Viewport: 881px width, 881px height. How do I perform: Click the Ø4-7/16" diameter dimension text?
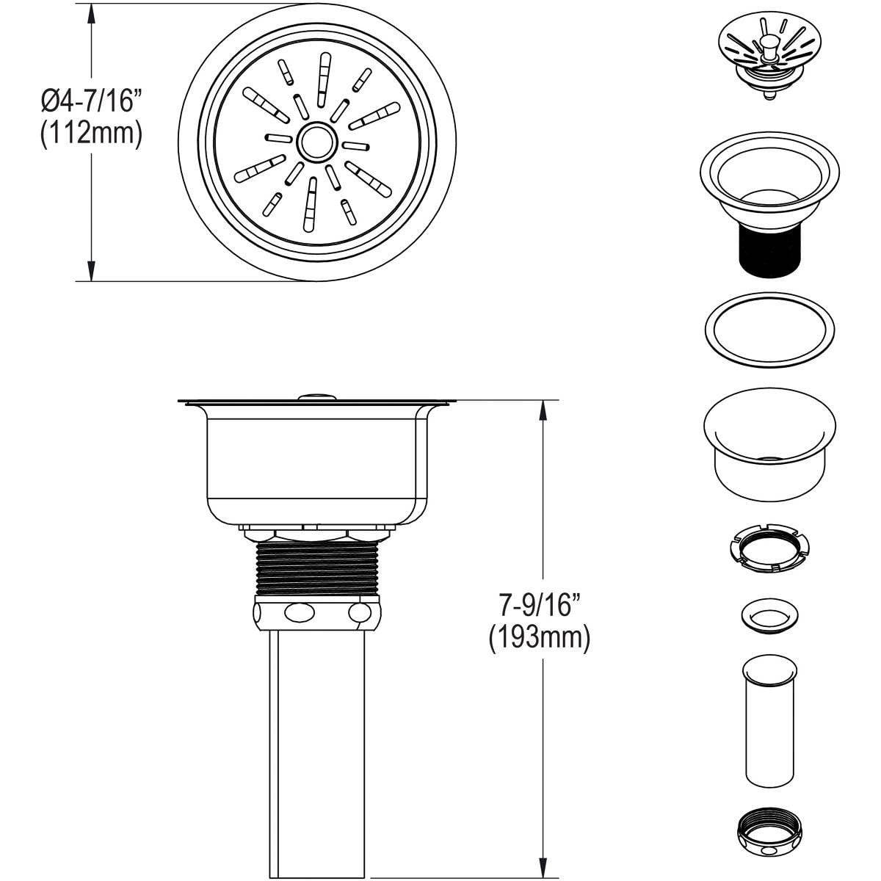90,101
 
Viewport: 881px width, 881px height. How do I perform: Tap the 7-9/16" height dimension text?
539,606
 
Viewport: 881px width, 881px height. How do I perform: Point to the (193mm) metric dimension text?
539,637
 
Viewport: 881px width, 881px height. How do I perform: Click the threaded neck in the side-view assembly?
316,570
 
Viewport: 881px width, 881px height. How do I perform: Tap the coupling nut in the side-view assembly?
316,612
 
